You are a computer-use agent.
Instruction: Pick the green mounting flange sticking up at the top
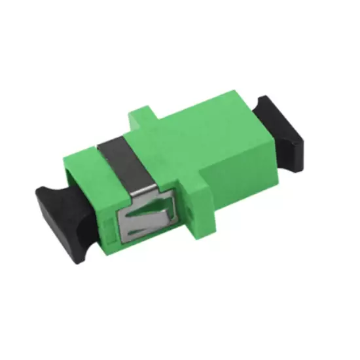[143, 118]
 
